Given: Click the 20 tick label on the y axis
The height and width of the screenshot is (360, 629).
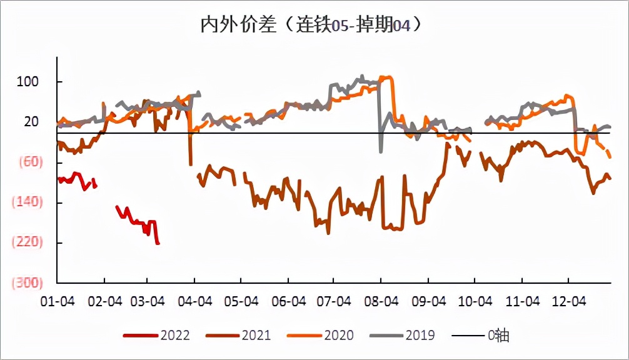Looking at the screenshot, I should click(x=31, y=122).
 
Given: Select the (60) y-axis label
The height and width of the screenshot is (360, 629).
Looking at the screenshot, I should click(x=26, y=162).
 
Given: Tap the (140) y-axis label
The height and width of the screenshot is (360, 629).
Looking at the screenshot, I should click(x=26, y=202).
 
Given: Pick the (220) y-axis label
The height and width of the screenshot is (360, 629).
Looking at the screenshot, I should click(x=26, y=242).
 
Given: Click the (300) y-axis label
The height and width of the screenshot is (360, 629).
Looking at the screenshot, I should click(x=26, y=282).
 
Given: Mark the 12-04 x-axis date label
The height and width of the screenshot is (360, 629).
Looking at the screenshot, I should click(x=568, y=301).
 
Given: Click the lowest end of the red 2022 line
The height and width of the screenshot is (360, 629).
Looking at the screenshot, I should click(x=158, y=244).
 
